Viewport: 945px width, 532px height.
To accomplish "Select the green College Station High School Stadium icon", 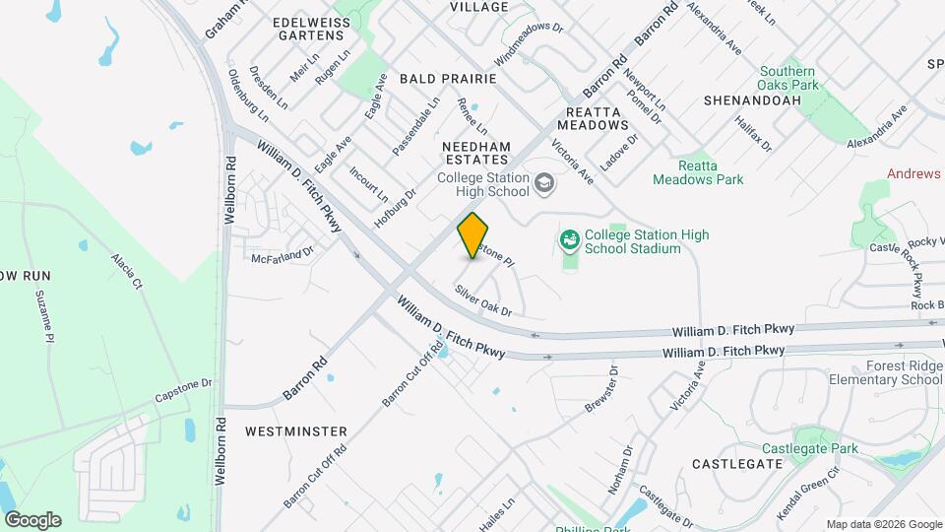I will (569, 239).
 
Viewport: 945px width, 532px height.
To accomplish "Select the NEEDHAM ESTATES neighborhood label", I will (476, 153).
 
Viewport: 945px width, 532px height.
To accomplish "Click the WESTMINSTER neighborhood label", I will (295, 432).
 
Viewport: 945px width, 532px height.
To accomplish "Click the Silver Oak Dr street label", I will (482, 300).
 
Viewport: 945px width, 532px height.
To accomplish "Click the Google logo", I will (32, 519).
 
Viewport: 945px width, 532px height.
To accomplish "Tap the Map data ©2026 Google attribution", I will (884, 524).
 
